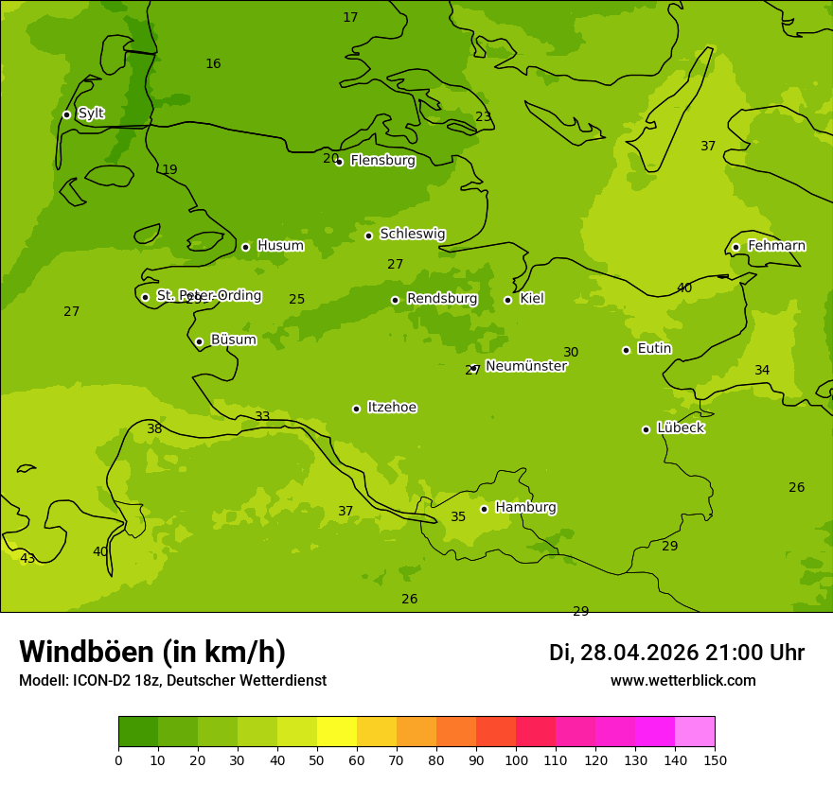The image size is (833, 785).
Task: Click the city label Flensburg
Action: point(382,161)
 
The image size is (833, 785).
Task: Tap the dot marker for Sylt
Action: point(66,114)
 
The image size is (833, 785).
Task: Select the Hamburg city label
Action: point(525,508)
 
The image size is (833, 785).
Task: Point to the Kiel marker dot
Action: point(507,300)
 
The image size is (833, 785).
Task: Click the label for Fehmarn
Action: point(776,246)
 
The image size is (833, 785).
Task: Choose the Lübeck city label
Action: point(680,428)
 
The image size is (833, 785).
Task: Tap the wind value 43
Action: point(27,559)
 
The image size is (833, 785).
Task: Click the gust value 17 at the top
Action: point(350,17)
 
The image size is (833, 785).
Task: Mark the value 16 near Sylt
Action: point(213,63)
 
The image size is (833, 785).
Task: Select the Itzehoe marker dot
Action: point(356,409)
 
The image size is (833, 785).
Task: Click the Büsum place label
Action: point(233,340)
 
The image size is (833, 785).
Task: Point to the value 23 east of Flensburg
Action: point(484,116)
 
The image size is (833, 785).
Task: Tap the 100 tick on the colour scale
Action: point(516,759)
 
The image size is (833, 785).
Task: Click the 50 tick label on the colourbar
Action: point(317,759)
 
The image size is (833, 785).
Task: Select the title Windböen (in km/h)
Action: point(152,652)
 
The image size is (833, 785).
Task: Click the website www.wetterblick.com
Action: point(682,681)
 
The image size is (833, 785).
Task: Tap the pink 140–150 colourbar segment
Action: point(695,732)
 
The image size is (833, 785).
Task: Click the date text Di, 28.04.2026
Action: point(624,653)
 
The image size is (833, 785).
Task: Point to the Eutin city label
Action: point(654,349)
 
